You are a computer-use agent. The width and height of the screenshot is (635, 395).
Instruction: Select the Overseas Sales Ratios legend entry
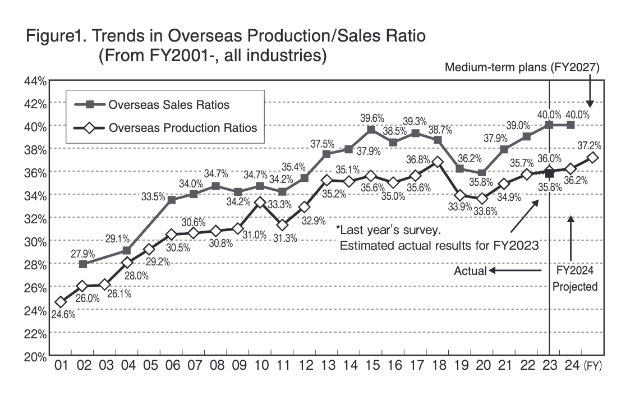pos(168,105)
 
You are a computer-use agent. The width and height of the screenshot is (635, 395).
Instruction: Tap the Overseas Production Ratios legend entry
pos(182,127)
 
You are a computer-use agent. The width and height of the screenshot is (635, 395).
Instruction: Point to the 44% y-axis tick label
pos(34,80)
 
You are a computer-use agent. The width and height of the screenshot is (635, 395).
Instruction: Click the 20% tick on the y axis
pos(34,356)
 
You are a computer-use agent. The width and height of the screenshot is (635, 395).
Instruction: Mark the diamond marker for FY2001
pos(61,302)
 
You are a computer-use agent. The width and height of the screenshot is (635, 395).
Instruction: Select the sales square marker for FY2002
pos(83,264)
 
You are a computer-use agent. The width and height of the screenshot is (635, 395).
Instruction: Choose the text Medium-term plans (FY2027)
pos(522,68)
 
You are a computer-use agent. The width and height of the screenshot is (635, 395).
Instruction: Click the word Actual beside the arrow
pos(470,271)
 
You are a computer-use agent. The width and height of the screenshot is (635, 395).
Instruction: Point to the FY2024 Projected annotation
pos(575,279)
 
